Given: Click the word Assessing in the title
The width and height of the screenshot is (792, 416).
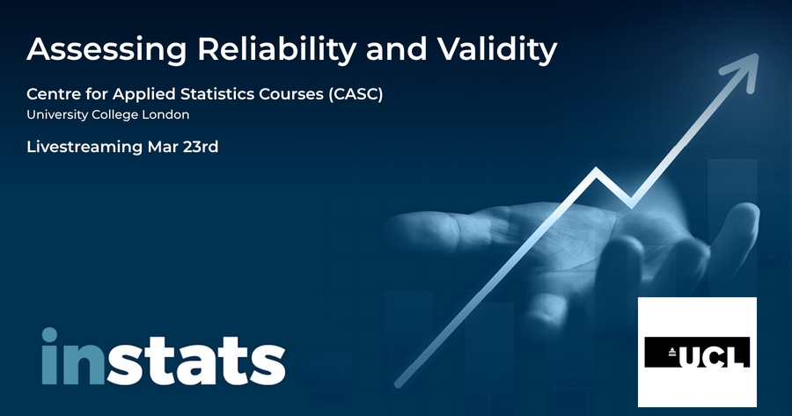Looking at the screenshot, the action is (x=106, y=49).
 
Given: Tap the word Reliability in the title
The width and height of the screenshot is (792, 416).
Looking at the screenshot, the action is (x=277, y=50).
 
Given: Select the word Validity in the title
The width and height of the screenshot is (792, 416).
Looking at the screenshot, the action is (x=496, y=50).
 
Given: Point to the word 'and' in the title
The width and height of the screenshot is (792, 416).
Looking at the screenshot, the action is (x=397, y=49).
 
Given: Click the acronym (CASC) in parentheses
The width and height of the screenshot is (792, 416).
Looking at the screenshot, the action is (x=356, y=94).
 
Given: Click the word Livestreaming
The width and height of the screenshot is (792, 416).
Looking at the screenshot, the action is (x=84, y=148).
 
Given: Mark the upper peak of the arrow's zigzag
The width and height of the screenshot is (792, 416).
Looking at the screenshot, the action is (x=597, y=170).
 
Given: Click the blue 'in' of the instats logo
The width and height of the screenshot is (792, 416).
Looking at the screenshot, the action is (x=74, y=356).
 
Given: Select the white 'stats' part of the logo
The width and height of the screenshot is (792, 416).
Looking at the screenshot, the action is (x=196, y=361).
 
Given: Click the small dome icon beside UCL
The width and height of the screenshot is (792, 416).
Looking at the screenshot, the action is (x=672, y=352).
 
